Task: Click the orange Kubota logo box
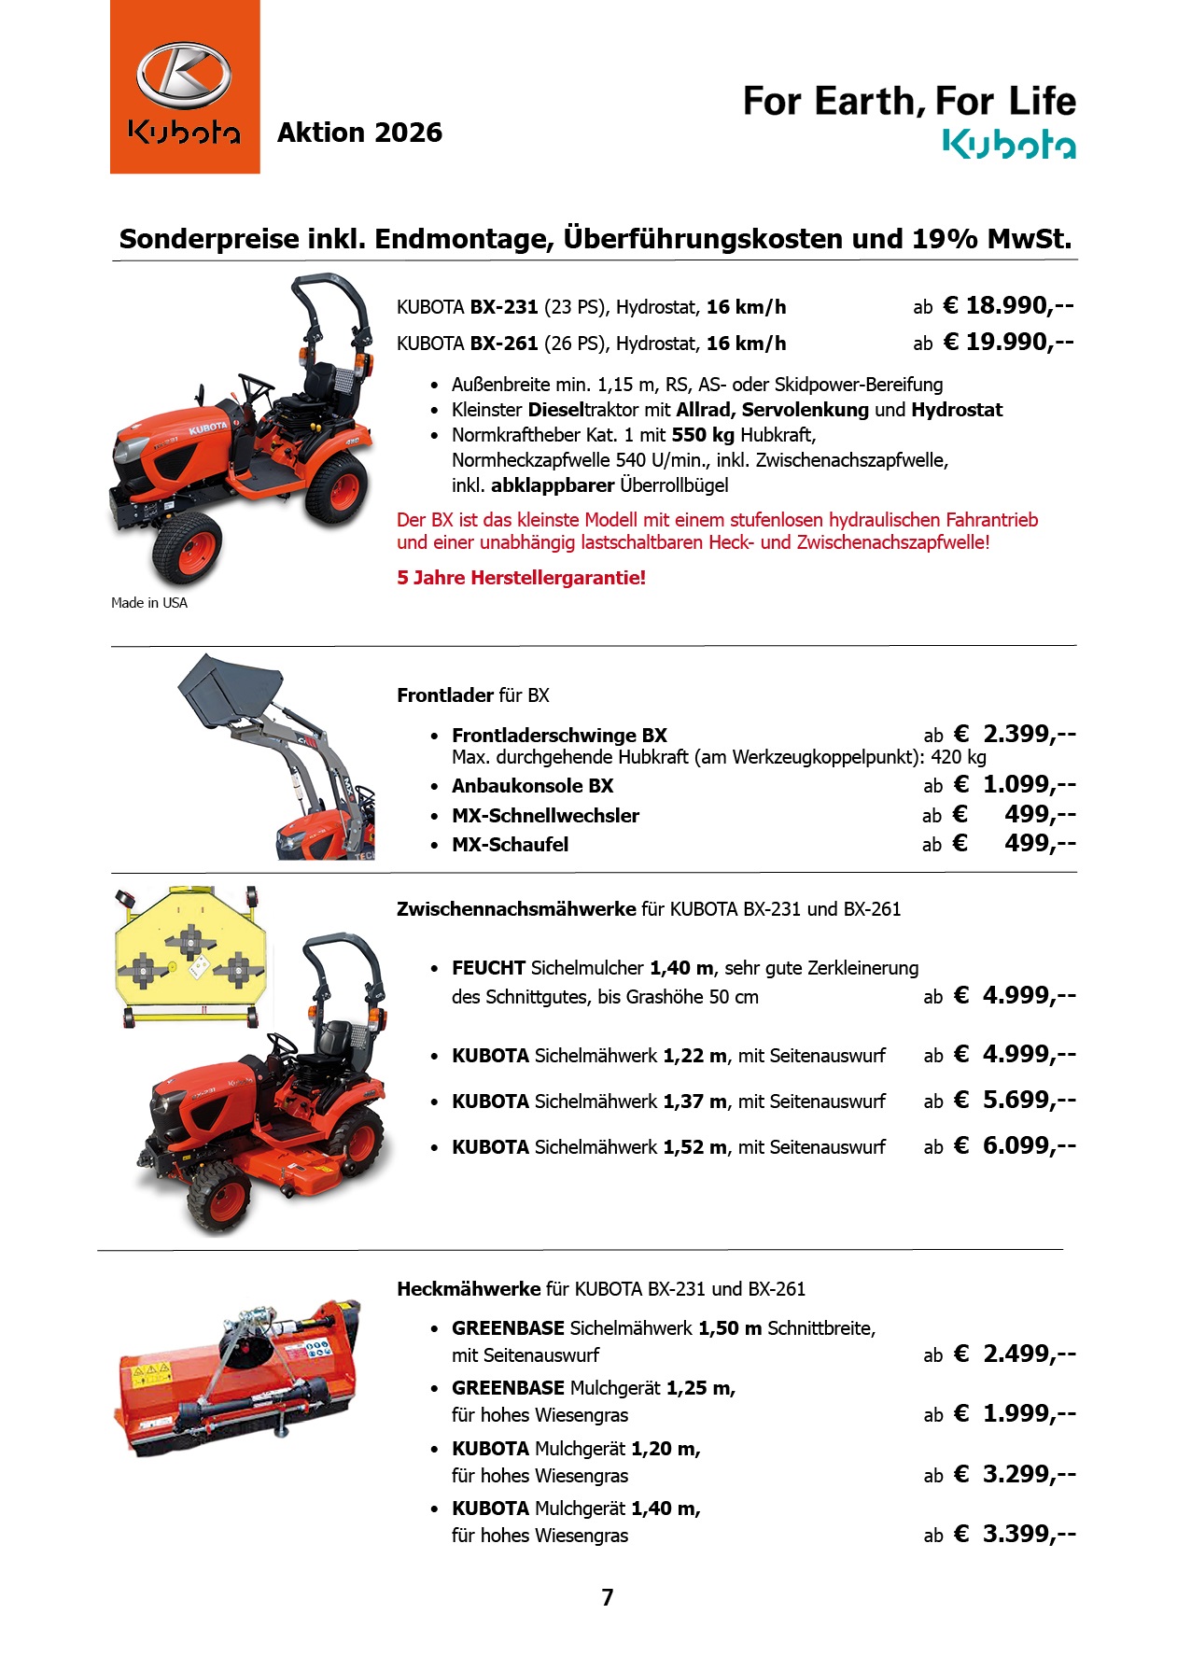(x=185, y=87)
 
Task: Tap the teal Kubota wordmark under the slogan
(x=1008, y=145)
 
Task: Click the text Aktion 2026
(x=359, y=133)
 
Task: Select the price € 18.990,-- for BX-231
(x=1008, y=305)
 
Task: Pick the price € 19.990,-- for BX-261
(x=1008, y=342)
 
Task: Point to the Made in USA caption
(x=149, y=603)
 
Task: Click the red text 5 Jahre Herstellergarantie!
(x=521, y=578)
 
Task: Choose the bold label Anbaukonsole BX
(x=532, y=786)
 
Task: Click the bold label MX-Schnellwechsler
(x=545, y=816)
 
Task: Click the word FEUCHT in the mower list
(x=488, y=968)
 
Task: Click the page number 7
(x=608, y=1597)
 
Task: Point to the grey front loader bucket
(x=231, y=688)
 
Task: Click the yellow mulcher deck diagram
(x=190, y=955)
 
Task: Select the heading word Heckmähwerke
(x=469, y=1289)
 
